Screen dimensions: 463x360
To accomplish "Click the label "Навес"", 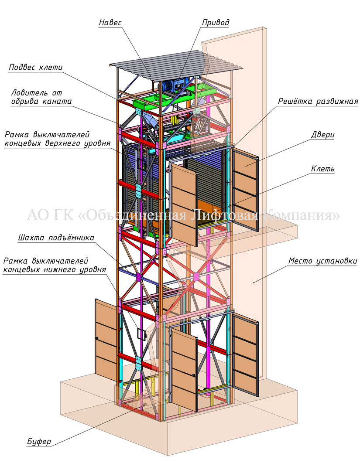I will pyautogui.click(x=110, y=22).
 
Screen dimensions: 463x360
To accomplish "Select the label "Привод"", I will pyautogui.click(x=215, y=22).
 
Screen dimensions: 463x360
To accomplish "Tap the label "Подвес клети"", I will pyautogui.click(x=35, y=67).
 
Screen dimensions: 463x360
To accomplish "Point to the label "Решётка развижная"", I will pyautogui.click(x=318, y=102).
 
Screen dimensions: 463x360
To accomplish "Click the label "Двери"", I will pyautogui.click(x=323, y=135).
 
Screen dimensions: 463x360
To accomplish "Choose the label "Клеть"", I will pyautogui.click(x=322, y=168).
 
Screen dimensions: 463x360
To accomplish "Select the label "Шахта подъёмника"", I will pyautogui.click(x=56, y=238).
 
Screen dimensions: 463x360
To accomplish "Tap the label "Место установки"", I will pyautogui.click(x=322, y=261).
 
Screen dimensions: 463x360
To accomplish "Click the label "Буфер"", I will pyautogui.click(x=38, y=442).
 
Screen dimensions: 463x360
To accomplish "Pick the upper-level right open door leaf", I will pyautogui.click(x=246, y=188).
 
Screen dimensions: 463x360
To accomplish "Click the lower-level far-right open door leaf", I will pyautogui.click(x=246, y=353).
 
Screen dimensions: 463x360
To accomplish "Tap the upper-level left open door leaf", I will pyautogui.click(x=182, y=203).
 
